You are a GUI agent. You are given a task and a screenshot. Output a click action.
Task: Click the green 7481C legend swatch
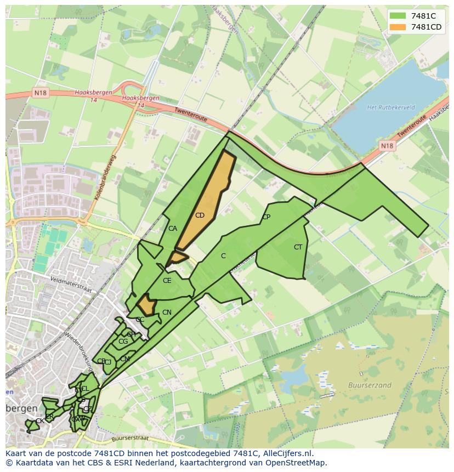pos(398,16)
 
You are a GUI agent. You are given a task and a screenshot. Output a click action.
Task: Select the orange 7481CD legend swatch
pos(398,27)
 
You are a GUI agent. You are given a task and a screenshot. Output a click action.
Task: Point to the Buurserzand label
pos(370,385)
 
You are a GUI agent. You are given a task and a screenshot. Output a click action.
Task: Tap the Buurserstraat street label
pos(130,439)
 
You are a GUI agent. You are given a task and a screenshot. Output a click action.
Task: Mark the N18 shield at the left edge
pos(41,93)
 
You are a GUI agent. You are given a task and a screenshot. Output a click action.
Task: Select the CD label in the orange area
pos(200,215)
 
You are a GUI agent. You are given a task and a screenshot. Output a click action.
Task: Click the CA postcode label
pos(173,229)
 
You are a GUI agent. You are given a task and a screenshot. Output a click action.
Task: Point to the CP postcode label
pos(266,217)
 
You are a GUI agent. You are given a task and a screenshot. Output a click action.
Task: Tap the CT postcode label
pos(298,247)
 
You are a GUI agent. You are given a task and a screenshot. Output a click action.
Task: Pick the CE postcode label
pos(167,281)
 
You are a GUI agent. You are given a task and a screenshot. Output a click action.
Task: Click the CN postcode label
pos(167,312)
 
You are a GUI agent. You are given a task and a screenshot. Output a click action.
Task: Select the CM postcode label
pos(125,359)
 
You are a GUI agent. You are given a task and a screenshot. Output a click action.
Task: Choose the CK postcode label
pos(39,421)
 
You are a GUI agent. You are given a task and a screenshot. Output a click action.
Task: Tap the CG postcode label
pos(123,342)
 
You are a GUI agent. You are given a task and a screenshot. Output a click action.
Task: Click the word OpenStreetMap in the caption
pos(296,463)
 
